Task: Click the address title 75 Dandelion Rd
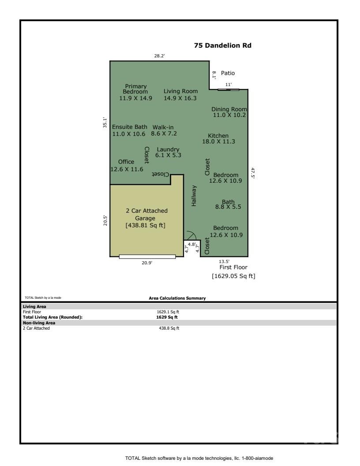pos(223,45)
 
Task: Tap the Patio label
pos(228,73)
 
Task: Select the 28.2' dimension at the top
pos(159,56)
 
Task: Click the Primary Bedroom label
pos(135,86)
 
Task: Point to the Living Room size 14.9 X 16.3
pos(180,98)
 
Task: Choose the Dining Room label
pos(229,109)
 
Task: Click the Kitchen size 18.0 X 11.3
pos(218,142)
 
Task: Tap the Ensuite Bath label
pos(129,127)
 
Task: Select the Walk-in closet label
pos(163,127)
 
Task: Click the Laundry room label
pos(168,149)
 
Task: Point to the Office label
pos(126,162)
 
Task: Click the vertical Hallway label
pos(194,195)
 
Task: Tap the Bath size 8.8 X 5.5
pos(228,207)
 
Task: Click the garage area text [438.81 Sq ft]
pos(146,225)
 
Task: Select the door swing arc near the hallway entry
pos(191,235)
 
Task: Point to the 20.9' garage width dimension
pos(147,263)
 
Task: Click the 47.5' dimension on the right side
pos(253,173)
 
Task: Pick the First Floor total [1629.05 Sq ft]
pos(233,276)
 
